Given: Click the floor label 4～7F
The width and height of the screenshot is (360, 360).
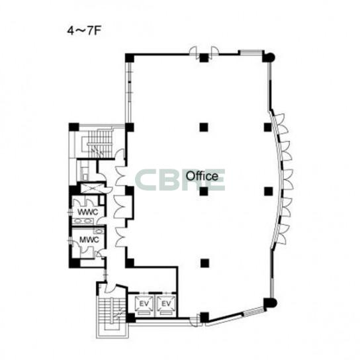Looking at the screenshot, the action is tap(84, 31).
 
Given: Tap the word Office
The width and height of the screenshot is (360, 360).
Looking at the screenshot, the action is tap(202, 176).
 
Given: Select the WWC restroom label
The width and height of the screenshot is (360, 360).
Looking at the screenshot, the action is tap(88, 212).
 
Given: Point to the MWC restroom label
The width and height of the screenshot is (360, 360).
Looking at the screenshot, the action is tap(89, 240).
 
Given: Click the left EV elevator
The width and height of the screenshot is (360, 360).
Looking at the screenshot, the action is tap(144, 306).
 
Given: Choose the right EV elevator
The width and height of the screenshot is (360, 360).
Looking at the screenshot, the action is tap(165, 306).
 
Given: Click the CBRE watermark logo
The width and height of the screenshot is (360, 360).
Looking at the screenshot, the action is tap(180, 180).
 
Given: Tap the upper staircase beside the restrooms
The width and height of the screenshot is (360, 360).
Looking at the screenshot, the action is tap(99, 144).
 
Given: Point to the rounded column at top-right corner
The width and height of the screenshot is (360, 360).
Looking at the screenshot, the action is tap(269, 57).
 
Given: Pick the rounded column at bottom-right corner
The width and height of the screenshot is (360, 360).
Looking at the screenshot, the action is tap(270, 303).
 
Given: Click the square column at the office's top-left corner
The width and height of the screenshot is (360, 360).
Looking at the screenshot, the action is tap(130, 58).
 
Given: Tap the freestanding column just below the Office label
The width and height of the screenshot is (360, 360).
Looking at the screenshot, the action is tap(204, 191).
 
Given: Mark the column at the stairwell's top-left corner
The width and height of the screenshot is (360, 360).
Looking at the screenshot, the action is tap(73, 127).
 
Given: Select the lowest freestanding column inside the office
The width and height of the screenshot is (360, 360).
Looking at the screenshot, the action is tap(204, 263).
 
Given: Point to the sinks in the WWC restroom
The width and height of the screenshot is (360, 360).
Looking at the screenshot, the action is tap(83, 221).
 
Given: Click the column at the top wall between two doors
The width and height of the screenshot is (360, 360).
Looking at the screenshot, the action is tap(204, 58).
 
